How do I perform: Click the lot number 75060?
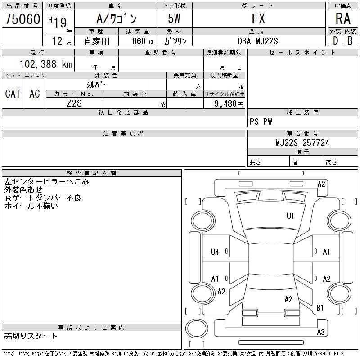[x=22, y=19]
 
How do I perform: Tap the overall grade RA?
[x=343, y=19]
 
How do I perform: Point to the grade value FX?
[x=258, y=19]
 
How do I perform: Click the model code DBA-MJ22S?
[x=258, y=41]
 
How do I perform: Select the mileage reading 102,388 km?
[x=46, y=64]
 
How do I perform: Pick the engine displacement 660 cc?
[x=138, y=41]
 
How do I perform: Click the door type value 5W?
[x=175, y=19]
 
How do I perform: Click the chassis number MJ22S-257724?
[x=302, y=143]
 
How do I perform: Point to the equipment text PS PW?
[x=261, y=121]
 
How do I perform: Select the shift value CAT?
[x=13, y=94]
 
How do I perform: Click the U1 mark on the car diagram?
[x=290, y=216]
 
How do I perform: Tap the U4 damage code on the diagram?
[x=215, y=252]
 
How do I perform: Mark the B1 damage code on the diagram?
[x=320, y=308]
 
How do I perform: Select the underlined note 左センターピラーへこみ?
[x=47, y=182]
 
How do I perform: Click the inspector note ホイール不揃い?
[x=31, y=206]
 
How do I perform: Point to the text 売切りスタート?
[x=31, y=336]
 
